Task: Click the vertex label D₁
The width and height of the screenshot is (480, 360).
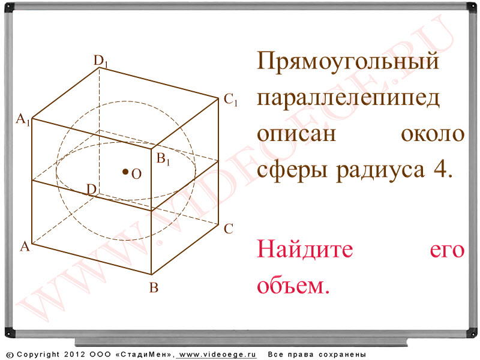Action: (101, 61)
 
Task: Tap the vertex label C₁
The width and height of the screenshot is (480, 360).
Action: (230, 100)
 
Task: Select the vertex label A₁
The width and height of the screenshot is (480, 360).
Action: (23, 119)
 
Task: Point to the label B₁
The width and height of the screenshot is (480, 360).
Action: (163, 159)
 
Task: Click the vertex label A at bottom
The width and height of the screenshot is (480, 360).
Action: (25, 246)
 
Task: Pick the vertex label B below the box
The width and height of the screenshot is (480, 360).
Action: (154, 288)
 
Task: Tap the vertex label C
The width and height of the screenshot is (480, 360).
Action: (229, 229)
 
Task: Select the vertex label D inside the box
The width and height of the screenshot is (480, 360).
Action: (92, 190)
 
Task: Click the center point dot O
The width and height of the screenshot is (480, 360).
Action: (125, 172)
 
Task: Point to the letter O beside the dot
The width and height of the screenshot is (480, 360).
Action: (137, 174)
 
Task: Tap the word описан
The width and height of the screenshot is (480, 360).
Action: (296, 134)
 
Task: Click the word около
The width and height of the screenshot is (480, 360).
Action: (433, 134)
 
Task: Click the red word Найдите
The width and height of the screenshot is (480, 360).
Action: (305, 248)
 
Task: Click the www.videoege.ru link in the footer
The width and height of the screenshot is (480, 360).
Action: (217, 355)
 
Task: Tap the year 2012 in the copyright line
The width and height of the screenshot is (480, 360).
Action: (74, 355)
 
